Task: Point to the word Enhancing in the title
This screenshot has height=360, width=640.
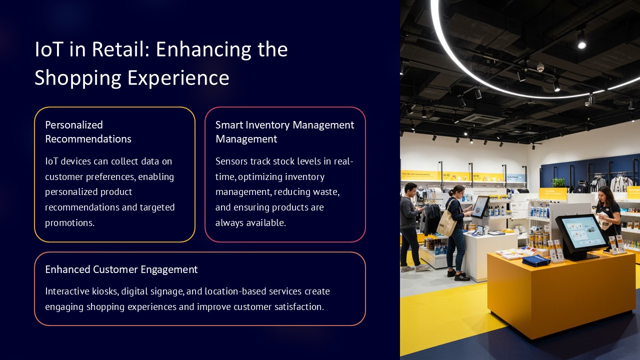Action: [x=203, y=49]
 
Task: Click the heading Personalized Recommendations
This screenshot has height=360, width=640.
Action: [x=88, y=131]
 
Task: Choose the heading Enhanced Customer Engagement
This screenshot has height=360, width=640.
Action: [x=121, y=269]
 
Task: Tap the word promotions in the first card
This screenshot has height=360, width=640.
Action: [x=69, y=223]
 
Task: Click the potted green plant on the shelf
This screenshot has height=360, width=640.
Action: [x=558, y=182]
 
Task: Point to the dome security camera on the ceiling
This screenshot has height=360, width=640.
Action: [x=540, y=67]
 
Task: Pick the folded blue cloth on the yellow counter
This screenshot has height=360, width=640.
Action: [x=536, y=260]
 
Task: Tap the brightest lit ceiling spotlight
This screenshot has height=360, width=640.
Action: [x=581, y=45]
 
